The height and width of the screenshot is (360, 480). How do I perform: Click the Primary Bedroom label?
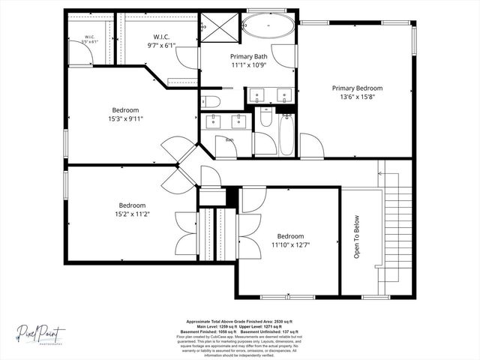click(x=358, y=88)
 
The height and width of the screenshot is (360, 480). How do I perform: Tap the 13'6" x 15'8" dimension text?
click(x=358, y=97)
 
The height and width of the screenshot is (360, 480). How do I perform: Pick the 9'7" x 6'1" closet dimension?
click(x=163, y=45)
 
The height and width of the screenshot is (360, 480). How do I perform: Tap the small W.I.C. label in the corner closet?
click(x=88, y=37)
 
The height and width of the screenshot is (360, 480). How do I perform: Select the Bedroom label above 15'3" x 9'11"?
click(x=125, y=109)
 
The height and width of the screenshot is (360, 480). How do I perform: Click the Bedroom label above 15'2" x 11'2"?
click(x=132, y=205)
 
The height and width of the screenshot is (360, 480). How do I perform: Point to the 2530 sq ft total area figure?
click(x=289, y=320)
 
